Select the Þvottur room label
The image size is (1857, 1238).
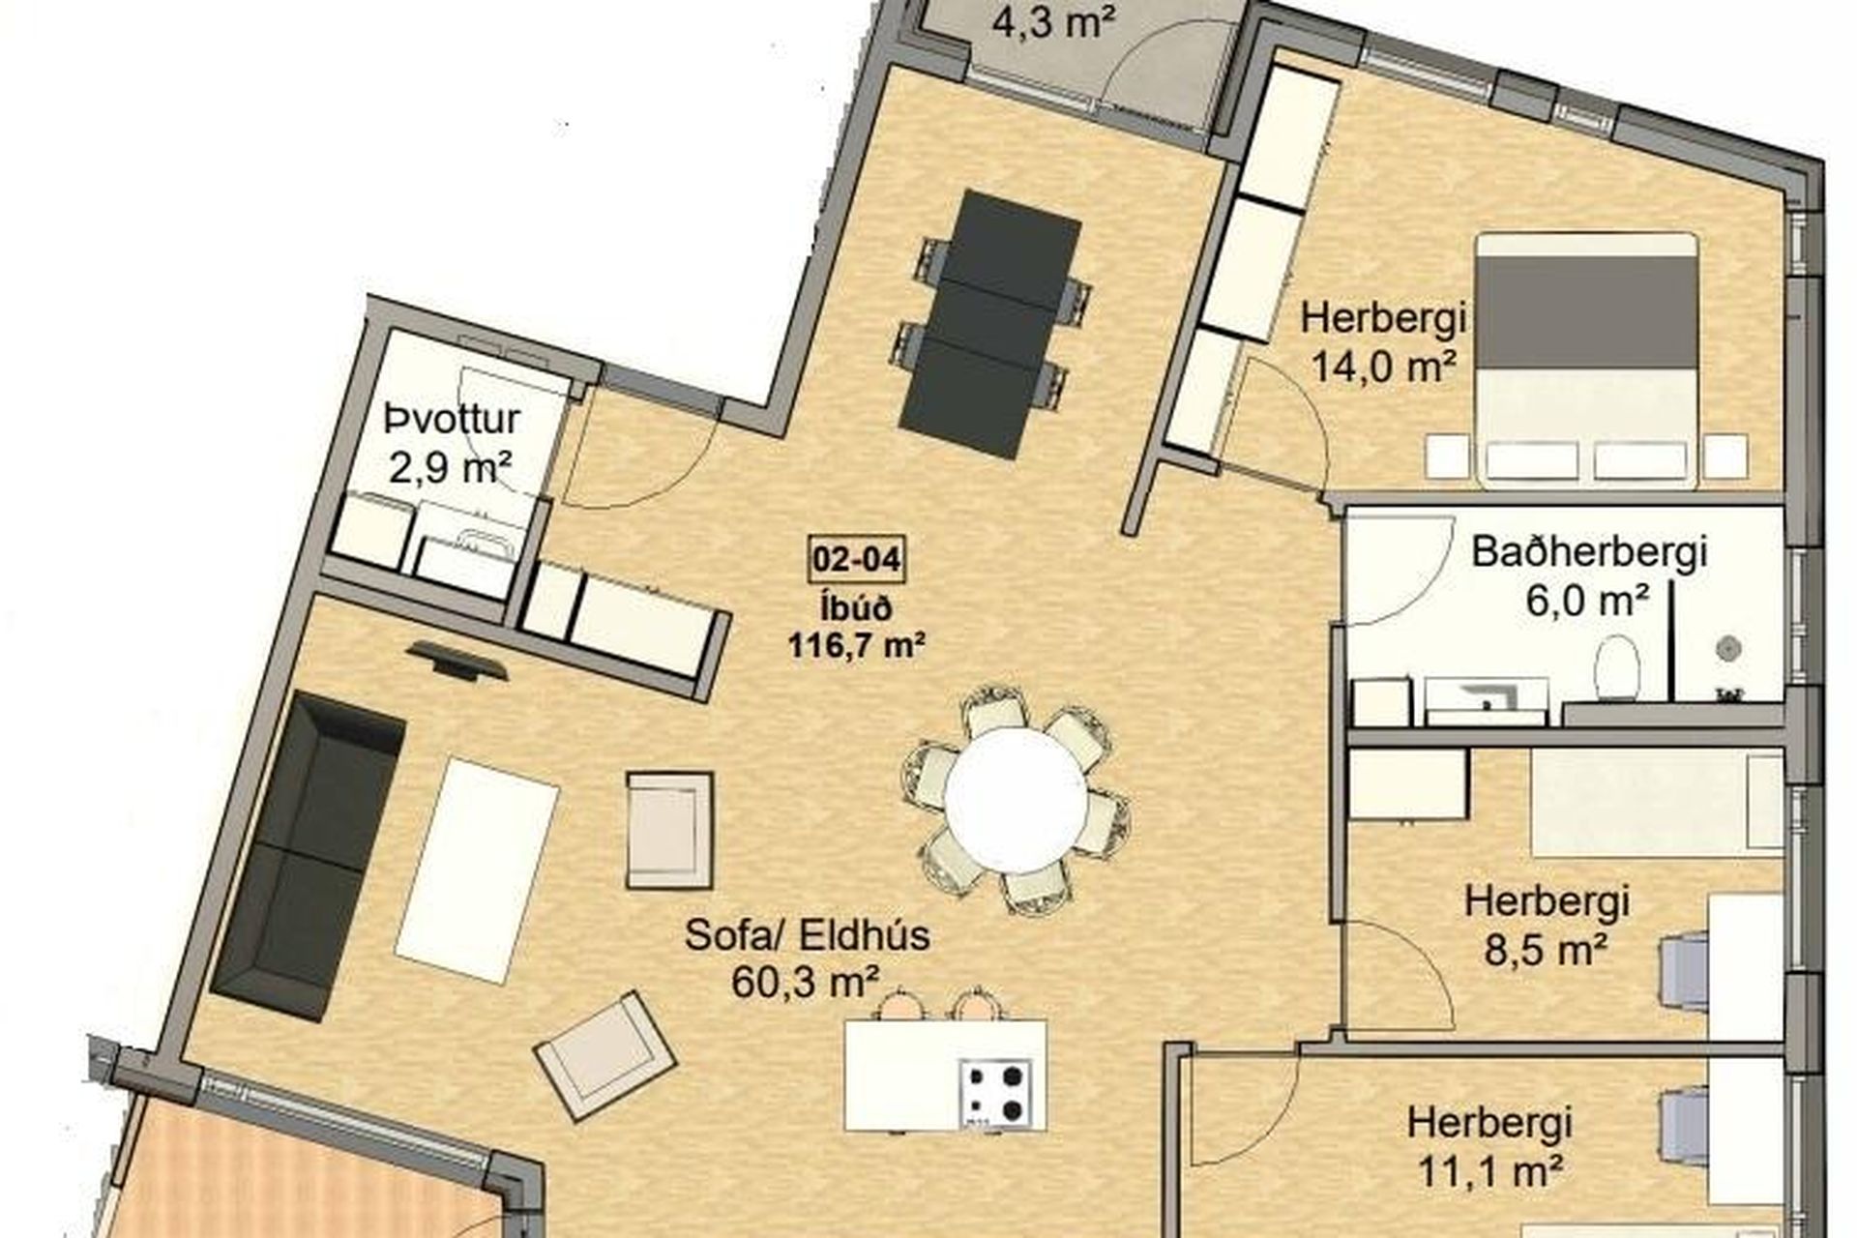coord(452,421)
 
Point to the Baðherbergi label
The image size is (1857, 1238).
coord(1589,553)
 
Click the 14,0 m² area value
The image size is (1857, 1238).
coord(1384,368)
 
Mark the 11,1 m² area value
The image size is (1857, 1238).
coord(1489,1172)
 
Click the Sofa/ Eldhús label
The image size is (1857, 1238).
coord(807,935)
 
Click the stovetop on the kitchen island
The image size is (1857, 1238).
coord(996,1094)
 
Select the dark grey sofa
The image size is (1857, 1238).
coord(307,856)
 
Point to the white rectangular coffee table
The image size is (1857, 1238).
coord(477,870)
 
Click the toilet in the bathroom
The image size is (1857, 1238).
coord(1616,667)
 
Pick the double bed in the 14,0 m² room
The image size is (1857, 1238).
coord(1586,358)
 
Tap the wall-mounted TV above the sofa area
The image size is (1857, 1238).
coord(457,661)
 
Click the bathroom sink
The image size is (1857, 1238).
coord(1487,700)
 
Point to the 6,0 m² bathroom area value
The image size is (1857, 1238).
coord(1587,602)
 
